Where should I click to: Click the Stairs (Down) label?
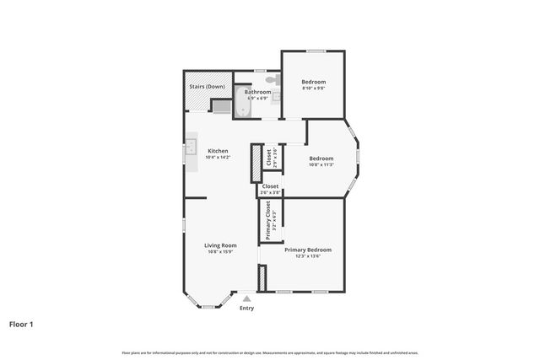[207, 86]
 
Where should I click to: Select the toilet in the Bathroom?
[270, 79]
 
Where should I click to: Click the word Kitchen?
[218, 151]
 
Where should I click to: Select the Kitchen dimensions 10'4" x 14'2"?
[218, 158]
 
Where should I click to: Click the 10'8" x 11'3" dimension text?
[321, 164]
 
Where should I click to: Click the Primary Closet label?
[268, 220]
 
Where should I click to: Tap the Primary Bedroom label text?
[307, 250]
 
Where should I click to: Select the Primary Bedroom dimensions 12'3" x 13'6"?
[307, 256]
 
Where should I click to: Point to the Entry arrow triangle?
[246, 298]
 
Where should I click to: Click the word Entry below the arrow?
[246, 308]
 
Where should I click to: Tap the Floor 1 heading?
[21, 324]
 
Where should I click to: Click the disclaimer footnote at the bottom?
[270, 352]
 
